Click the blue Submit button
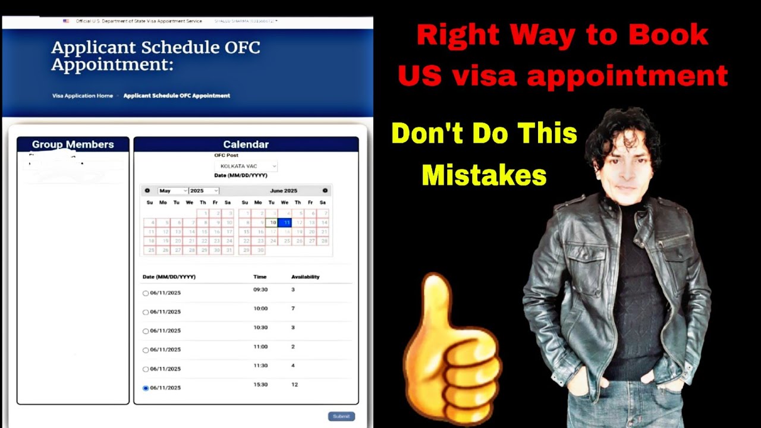click(x=341, y=416)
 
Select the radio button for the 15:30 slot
click(x=146, y=388)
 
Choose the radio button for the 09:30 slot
click(x=146, y=293)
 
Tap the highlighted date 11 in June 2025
click(x=286, y=222)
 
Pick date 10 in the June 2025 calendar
click(x=272, y=222)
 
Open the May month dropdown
click(x=172, y=191)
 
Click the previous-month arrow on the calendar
click(x=147, y=191)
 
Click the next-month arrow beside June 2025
click(x=325, y=191)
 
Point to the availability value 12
click(x=294, y=385)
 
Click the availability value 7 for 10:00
click(x=293, y=309)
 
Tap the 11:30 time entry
click(x=260, y=366)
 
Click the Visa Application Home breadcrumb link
click(x=83, y=96)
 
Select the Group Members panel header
click(x=73, y=144)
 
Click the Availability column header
click(x=305, y=277)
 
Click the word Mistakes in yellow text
click(x=484, y=175)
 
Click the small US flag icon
click(x=66, y=21)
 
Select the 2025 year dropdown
click(x=204, y=191)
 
